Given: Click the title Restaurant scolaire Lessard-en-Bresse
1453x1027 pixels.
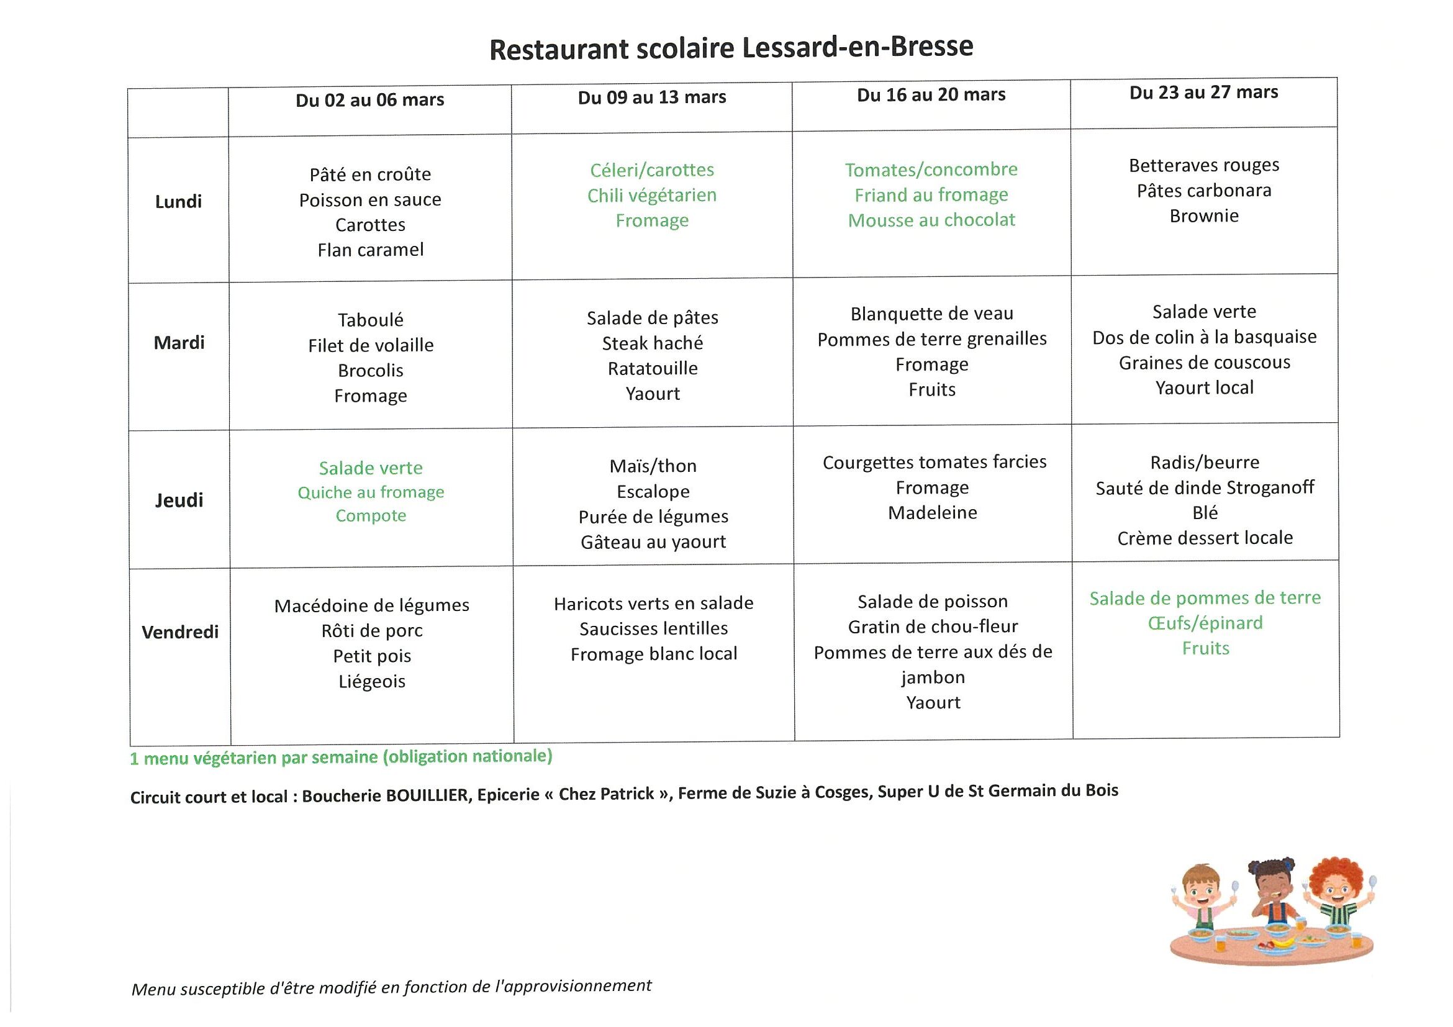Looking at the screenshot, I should point(731,47).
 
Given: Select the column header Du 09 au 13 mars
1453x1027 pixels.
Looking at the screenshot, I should point(652,97).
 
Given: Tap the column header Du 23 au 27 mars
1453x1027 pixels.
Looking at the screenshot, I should point(1203,93).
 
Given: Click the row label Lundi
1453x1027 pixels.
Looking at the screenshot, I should point(178,202).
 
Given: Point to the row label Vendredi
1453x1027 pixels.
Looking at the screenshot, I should point(180,632).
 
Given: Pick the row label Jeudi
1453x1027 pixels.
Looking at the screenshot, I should point(179,500).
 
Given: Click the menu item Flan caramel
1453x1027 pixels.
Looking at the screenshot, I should point(371,250).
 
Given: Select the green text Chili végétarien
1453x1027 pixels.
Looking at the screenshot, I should point(652,196).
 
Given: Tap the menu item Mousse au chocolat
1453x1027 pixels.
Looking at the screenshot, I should point(931,220).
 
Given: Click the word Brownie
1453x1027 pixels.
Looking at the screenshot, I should point(1203,216).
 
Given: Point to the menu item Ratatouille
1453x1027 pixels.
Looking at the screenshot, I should point(653,368).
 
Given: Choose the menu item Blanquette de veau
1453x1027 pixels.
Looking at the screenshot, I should point(931,314).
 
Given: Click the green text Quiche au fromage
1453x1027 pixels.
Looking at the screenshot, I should point(371,492).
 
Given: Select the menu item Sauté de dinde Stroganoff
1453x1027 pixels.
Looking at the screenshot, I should point(1205,488).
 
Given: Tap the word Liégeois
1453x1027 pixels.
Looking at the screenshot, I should point(372,682).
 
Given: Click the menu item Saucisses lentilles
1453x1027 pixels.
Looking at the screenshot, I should point(654,628).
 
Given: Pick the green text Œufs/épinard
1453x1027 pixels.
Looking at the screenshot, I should point(1205,623).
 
